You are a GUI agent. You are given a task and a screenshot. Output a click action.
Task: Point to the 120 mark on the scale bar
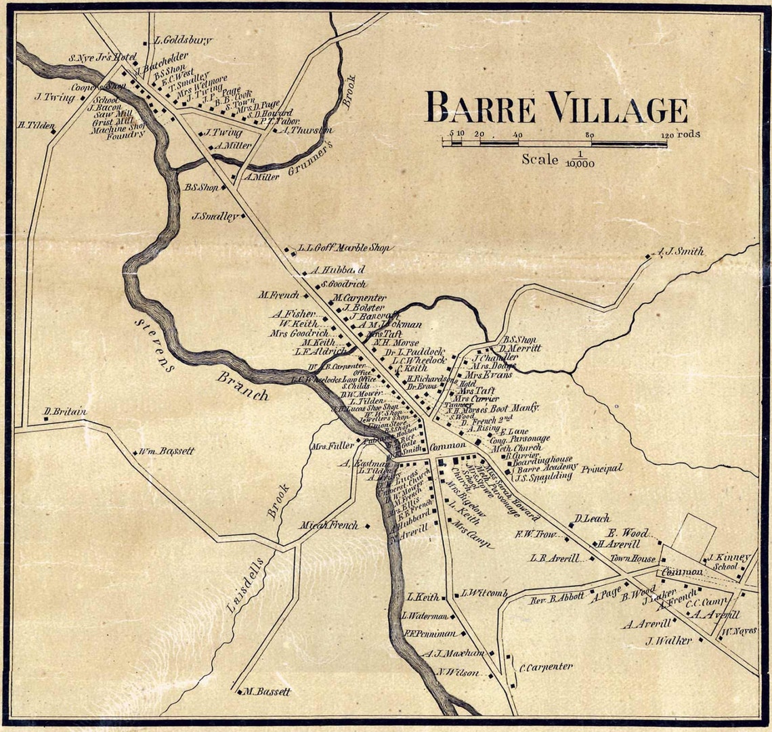point(666,135)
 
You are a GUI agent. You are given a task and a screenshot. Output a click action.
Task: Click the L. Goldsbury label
point(184,41)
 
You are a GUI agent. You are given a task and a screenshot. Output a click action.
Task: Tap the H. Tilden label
point(35,125)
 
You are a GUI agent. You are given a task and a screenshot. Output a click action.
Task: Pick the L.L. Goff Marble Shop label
point(345,248)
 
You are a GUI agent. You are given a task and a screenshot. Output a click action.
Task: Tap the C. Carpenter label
point(546,666)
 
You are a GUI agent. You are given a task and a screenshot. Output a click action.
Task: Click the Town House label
point(632,559)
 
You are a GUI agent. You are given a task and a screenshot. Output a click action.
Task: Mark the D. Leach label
point(592,519)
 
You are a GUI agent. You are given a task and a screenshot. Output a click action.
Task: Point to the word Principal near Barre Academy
point(600,468)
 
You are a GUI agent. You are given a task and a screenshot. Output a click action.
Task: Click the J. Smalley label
point(215,217)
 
